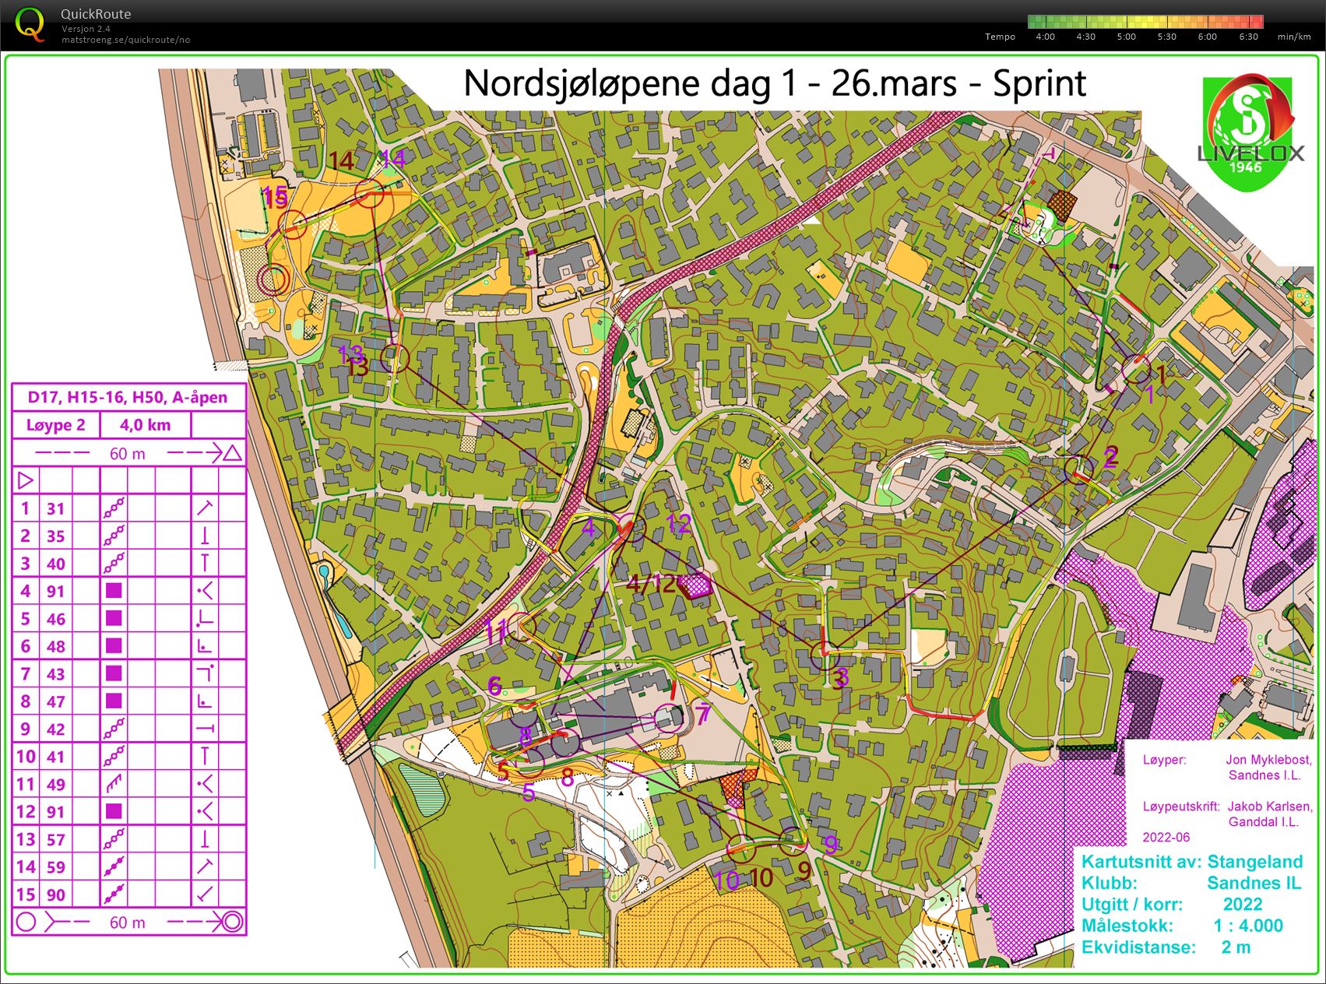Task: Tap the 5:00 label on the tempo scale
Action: (1126, 37)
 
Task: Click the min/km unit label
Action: (1294, 37)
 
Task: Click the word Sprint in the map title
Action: (1039, 83)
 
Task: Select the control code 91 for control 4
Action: (55, 591)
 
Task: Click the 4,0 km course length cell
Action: (145, 425)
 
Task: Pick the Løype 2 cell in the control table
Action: (55, 425)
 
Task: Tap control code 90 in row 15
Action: (55, 894)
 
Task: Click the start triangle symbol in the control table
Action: (25, 480)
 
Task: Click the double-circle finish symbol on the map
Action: (273, 279)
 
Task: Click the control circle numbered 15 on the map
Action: (294, 224)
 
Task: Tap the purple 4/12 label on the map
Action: (651, 583)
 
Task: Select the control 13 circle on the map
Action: (395, 358)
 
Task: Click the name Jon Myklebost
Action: (1268, 760)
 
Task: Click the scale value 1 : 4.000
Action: (1247, 926)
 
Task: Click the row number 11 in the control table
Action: (25, 784)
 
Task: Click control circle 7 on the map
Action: (667, 717)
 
